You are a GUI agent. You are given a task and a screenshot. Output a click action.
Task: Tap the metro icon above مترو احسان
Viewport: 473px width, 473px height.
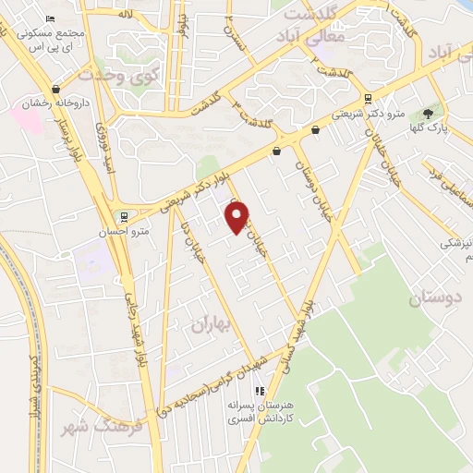(x=125, y=217)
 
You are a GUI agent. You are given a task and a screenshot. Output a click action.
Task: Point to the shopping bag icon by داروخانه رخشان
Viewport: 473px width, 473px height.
(x=57, y=90)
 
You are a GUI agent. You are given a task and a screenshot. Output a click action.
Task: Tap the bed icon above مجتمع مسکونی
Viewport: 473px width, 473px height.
(x=50, y=18)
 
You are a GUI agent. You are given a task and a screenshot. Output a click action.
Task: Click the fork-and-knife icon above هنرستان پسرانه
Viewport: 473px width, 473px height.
(x=261, y=390)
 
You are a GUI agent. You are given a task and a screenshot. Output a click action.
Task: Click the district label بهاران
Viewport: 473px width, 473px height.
(x=210, y=323)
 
